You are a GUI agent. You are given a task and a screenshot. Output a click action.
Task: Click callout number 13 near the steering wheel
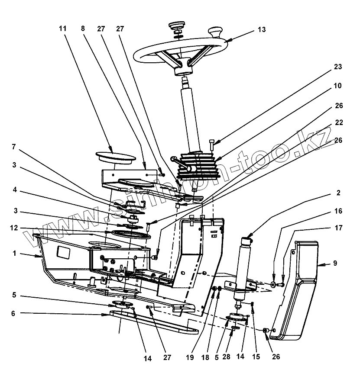coord(261,30)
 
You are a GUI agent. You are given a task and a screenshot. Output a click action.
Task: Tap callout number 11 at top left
coord(63,29)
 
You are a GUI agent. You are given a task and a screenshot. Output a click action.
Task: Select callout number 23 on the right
coord(338,67)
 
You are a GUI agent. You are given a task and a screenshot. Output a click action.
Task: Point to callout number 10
coord(338,86)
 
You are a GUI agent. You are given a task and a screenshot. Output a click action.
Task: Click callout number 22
coord(338,123)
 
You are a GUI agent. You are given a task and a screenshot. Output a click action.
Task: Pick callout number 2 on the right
coord(338,193)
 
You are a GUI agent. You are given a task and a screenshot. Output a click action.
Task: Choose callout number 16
coord(338,211)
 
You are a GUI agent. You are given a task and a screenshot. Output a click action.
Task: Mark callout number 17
coord(338,227)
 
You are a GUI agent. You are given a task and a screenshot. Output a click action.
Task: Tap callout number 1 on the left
coord(14,254)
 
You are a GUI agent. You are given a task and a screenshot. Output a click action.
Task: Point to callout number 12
coord(14,228)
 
